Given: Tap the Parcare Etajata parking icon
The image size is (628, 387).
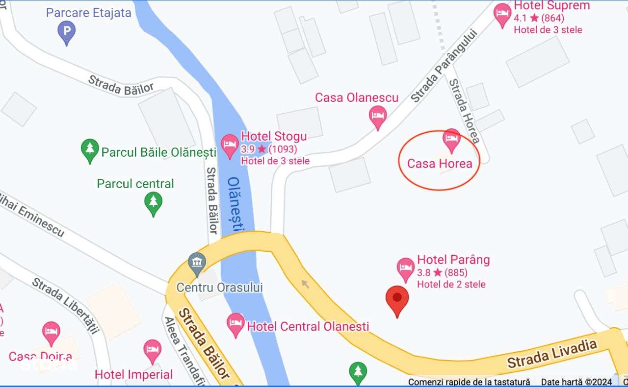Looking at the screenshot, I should pos(67,32).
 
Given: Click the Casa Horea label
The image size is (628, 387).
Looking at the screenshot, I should pos(440,164).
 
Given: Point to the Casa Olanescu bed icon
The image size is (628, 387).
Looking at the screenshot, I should pos(377,116).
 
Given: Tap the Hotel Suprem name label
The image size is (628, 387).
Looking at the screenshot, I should pos(552,6).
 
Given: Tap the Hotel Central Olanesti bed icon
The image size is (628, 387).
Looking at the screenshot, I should pos(236,323).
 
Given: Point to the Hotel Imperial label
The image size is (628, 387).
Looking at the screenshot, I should pos(133,375).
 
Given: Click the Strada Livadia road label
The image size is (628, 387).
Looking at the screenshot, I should pos(552,354).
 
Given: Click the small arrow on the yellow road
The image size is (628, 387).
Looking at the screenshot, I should pos(305,283).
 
